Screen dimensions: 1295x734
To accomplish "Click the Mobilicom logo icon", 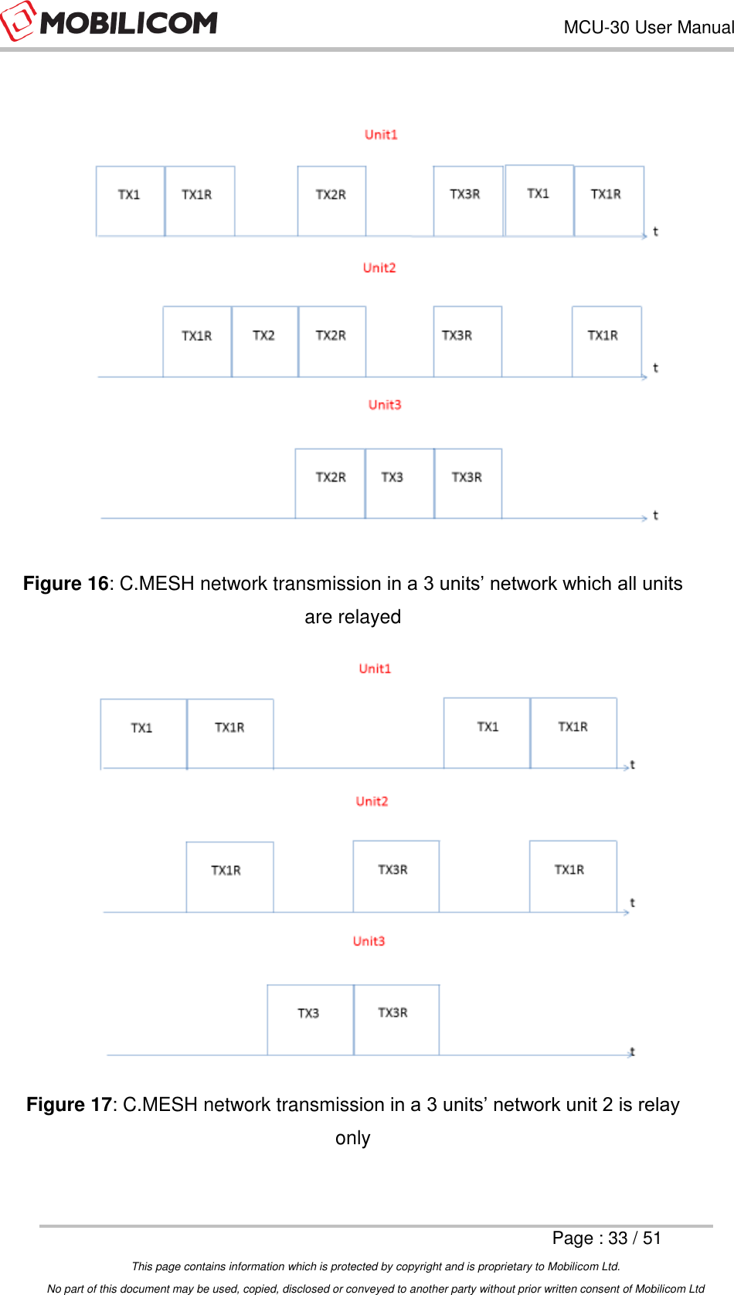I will coord(17,22).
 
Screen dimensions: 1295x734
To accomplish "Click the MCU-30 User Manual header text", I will coord(647,27).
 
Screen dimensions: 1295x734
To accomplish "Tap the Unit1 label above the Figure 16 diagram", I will coord(381,135).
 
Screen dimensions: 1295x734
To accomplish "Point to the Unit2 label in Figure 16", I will coord(379,268).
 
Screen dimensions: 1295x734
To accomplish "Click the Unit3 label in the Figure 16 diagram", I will coord(385,404).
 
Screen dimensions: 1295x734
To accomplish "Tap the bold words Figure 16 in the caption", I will coord(66,584).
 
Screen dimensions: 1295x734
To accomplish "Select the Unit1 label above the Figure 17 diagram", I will coord(375,669).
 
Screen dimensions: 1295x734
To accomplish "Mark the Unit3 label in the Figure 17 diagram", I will coord(369,941).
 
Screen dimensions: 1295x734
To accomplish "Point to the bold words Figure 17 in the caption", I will coord(69,1105).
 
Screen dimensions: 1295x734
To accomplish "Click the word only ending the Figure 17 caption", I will coord(352,1138).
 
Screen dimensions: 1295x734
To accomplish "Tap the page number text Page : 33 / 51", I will coord(607,1239).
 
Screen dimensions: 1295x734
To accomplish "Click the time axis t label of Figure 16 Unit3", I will coord(655,515).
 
